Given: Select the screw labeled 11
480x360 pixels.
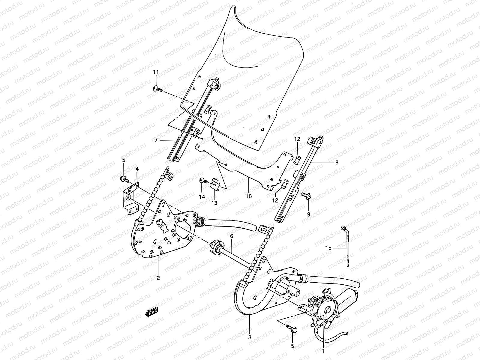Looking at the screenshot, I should [x=157, y=88].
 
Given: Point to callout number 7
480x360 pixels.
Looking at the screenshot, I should [x=156, y=140].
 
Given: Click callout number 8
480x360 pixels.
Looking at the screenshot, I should [x=337, y=163].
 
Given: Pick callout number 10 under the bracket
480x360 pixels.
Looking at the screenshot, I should [x=248, y=196].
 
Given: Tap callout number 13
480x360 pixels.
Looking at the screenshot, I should [x=214, y=203].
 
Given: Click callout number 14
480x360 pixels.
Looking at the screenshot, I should [x=202, y=197].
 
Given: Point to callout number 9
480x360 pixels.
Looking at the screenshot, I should [x=309, y=214].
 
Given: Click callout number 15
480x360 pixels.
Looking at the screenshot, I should [x=328, y=248].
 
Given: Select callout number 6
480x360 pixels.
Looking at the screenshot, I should [x=232, y=236].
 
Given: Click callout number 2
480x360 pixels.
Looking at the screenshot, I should [x=158, y=278].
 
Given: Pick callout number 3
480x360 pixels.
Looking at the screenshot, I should [x=250, y=337].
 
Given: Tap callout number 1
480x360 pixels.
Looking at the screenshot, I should [x=323, y=350].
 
